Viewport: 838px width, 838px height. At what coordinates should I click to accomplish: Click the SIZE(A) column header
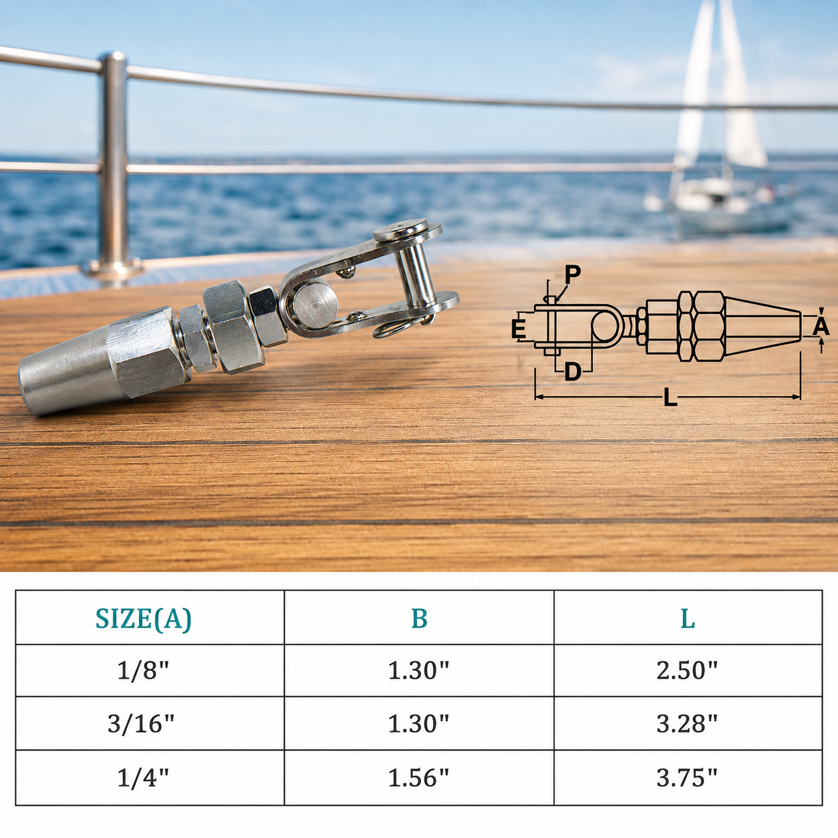coord(143,619)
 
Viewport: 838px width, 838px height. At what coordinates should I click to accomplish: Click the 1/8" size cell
coord(143,670)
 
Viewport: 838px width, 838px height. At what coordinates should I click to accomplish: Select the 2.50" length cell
coord(687,670)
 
